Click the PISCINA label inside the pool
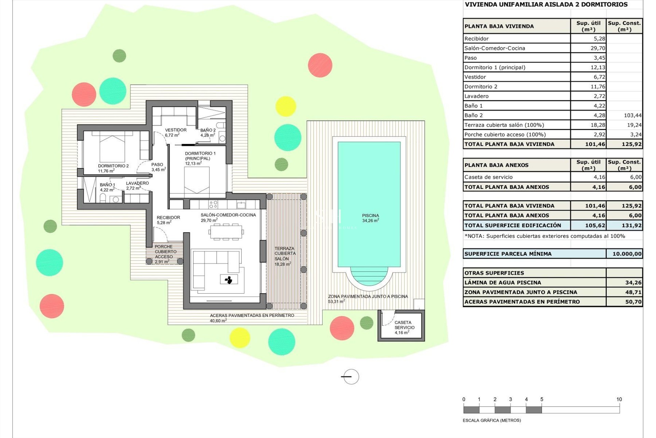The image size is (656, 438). tap(370, 216)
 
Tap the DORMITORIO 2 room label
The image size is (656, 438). tap(113, 166)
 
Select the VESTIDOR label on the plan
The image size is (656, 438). tap(176, 130)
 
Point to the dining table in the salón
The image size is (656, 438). tap(226, 232)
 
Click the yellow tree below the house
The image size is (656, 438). tap(240, 337)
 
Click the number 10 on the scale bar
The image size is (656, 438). tap(619, 399)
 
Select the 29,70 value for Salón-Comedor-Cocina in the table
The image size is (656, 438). tap(598, 48)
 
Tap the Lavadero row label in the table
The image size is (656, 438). tap(476, 96)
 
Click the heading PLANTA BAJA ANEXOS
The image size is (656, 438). tap(496, 165)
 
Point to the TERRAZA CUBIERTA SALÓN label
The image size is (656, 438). tap(285, 254)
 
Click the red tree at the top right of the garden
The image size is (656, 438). tap(320, 65)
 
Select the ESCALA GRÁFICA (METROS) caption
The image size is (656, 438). tap(491, 421)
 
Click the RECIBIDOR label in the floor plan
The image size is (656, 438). tap(168, 218)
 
